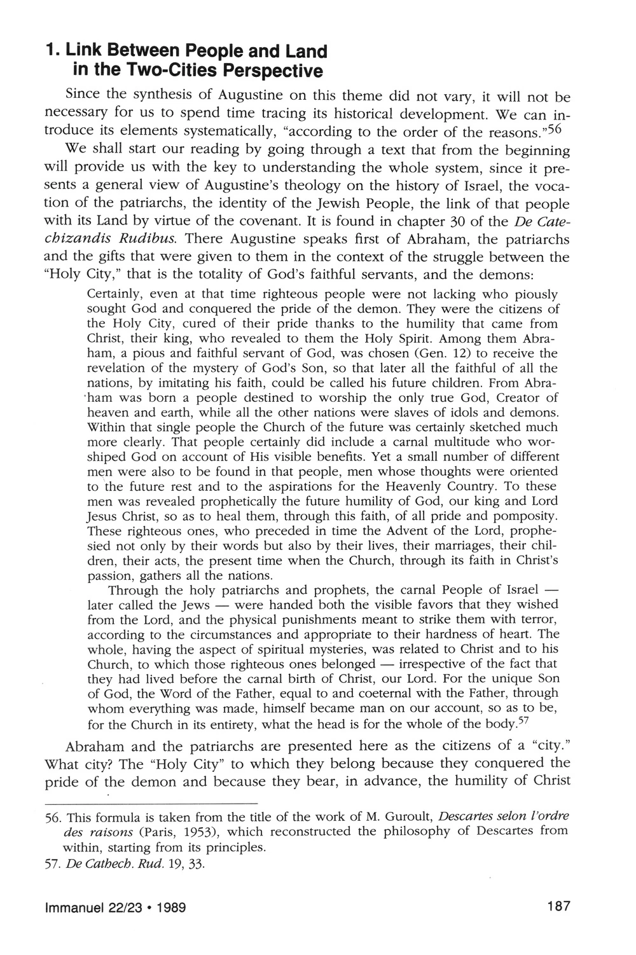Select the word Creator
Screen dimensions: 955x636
click(513, 398)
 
